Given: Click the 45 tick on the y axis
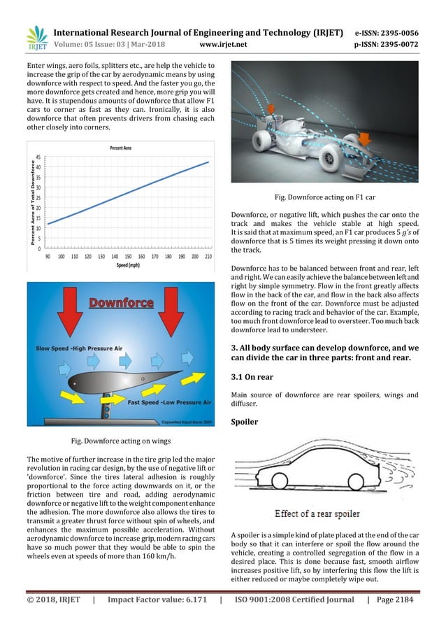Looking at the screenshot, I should pyautogui.click(x=38, y=157).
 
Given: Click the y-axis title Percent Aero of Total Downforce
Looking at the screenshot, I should pyautogui.click(x=31, y=202).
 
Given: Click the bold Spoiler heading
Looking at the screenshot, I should pyautogui.click(x=247, y=422).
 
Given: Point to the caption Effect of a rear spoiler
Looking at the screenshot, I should pyautogui.click(x=316, y=514).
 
